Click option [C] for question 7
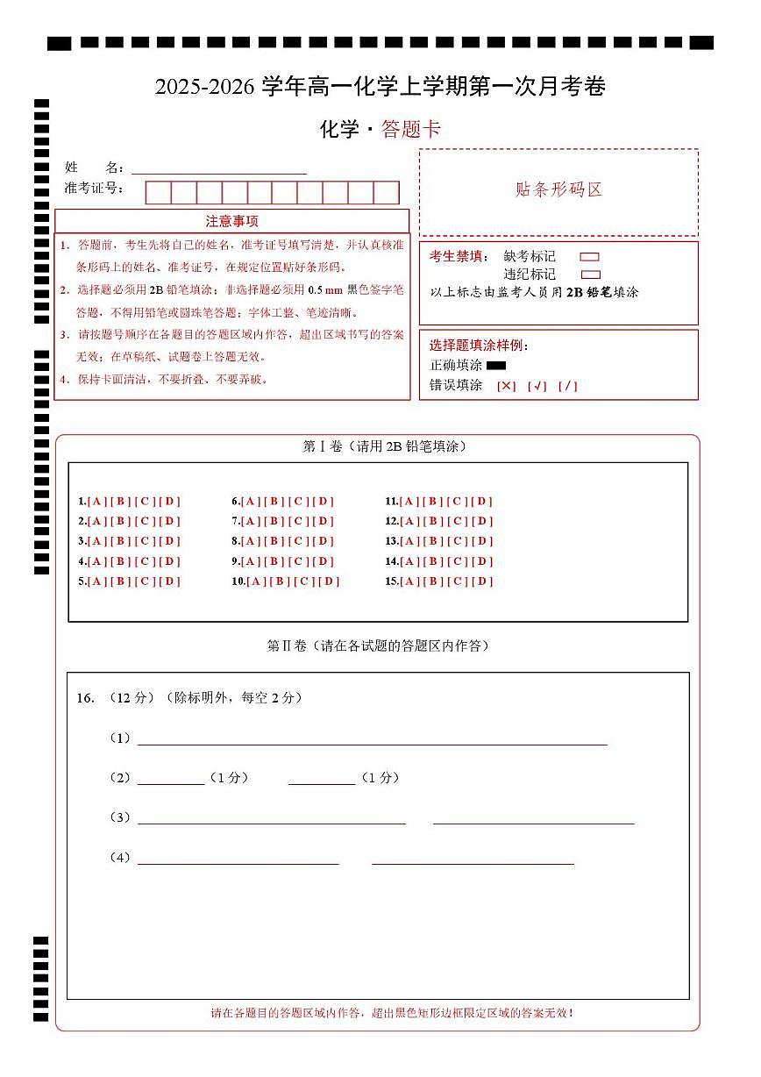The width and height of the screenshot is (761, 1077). (299, 521)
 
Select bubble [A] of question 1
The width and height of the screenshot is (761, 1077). (96, 502)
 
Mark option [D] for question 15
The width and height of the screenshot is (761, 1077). (482, 581)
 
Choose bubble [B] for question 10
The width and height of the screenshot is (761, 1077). (281, 581)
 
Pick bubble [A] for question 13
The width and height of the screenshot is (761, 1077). (409, 541)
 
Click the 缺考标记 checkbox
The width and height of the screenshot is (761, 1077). (589, 257)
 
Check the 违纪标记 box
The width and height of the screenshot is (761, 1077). (591, 275)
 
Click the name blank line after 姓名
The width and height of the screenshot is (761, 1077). (219, 168)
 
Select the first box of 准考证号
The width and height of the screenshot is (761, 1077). (158, 193)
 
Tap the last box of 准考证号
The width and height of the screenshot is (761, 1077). (387, 193)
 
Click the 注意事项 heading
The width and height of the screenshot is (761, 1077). (231, 221)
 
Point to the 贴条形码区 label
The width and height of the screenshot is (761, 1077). (558, 190)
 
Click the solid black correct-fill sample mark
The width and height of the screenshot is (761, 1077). (496, 366)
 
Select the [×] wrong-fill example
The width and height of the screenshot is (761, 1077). (507, 386)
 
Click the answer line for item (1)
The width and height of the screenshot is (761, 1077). (372, 739)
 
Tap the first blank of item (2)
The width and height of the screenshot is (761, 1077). (170, 779)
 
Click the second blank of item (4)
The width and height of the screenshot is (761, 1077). (473, 859)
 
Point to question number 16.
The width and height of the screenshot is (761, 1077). (85, 698)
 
